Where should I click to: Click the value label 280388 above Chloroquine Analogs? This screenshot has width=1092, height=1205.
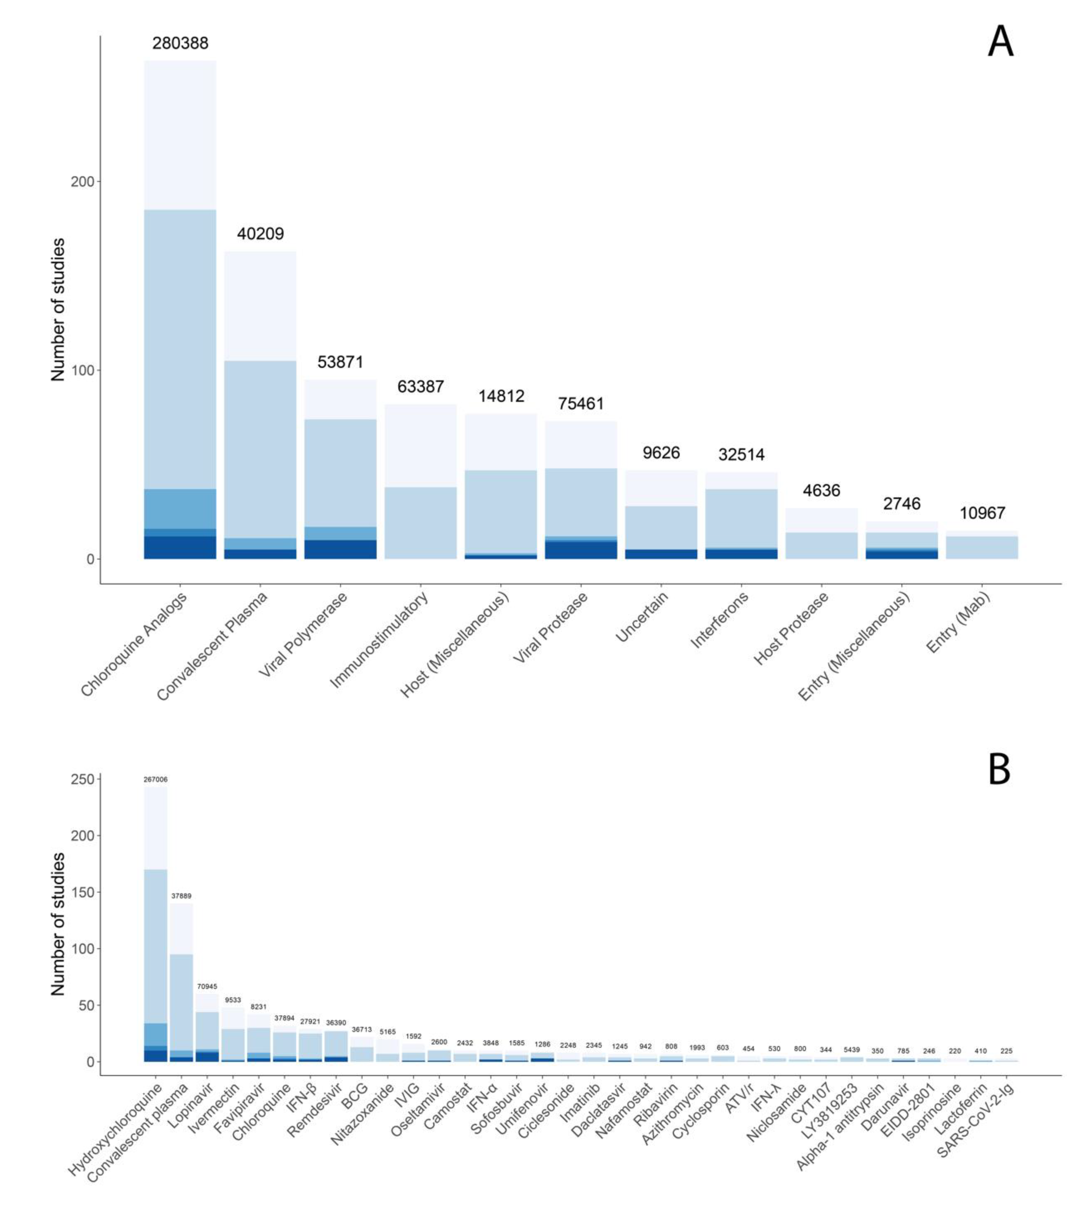point(180,43)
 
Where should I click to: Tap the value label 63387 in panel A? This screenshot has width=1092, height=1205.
point(420,387)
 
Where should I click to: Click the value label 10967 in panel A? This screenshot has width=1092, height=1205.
point(982,513)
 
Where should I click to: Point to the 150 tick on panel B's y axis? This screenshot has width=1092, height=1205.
point(83,892)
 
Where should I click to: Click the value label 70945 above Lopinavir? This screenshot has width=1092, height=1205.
point(207,987)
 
